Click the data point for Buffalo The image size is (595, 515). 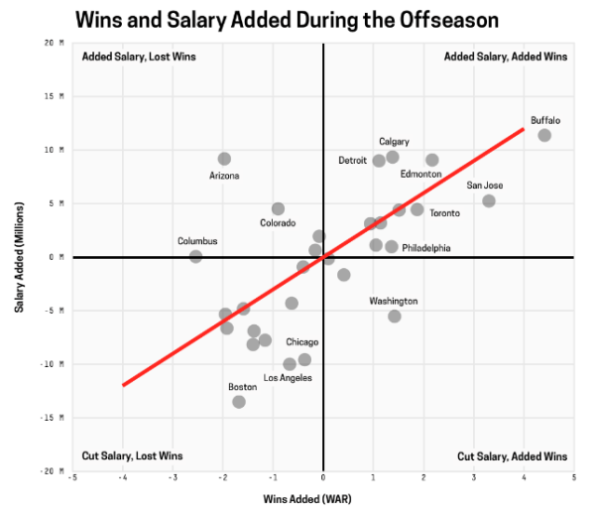point(544,135)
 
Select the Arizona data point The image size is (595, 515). point(224,159)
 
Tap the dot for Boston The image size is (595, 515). point(239,402)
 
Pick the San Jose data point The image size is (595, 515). point(489,200)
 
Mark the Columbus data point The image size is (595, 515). point(195,256)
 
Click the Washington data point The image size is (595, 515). point(395,317)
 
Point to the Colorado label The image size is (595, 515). point(278,223)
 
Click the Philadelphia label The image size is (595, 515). point(426,248)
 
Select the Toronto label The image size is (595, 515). point(444,213)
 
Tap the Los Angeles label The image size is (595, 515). point(288,378)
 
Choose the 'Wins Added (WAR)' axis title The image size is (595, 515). point(308,497)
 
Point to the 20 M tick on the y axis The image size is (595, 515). point(55,43)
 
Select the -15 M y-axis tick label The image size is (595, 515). point(53,418)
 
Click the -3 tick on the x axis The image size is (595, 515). point(174,479)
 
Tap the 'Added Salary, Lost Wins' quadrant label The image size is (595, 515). point(138,57)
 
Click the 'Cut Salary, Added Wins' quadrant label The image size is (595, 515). point(512,456)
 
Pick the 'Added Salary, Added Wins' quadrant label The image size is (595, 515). point(506,57)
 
